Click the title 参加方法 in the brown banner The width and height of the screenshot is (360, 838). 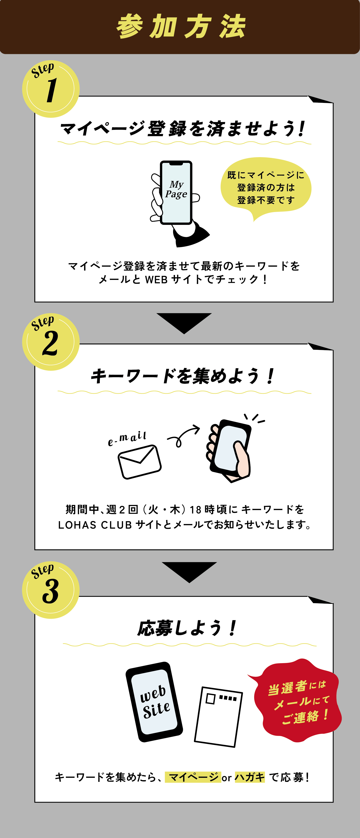point(181,27)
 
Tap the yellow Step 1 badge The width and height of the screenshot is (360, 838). point(51,89)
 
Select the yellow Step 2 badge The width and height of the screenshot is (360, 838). point(51,342)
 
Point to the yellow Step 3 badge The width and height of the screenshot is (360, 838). point(51,590)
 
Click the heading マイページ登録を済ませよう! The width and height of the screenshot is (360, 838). point(183,129)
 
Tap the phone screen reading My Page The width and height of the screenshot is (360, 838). point(176,193)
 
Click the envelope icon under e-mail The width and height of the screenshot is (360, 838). point(140,462)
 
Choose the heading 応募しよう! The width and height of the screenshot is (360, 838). point(187,628)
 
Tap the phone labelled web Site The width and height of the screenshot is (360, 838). point(154,702)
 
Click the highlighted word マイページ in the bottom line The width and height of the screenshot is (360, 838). point(193,777)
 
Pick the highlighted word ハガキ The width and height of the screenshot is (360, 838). point(250,777)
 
